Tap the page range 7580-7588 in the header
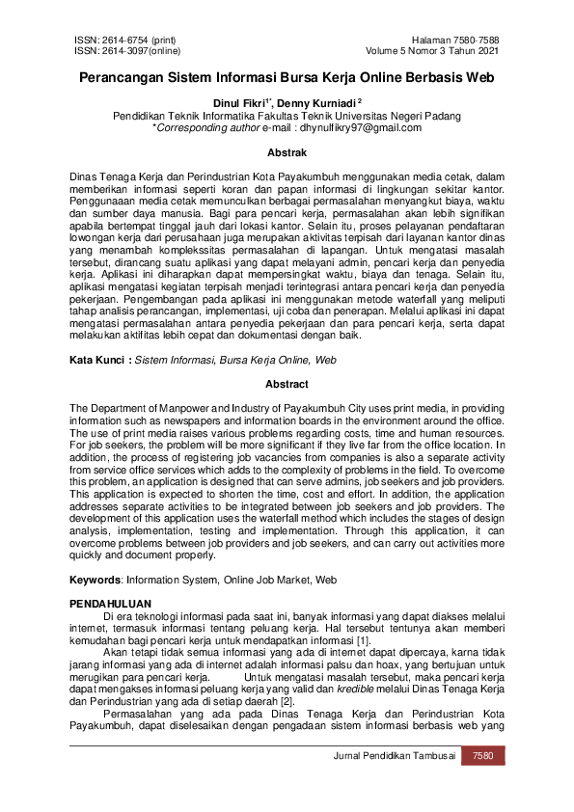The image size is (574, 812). (x=477, y=40)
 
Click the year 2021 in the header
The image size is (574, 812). (x=488, y=50)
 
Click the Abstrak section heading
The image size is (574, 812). (x=287, y=152)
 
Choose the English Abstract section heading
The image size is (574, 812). (x=287, y=384)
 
